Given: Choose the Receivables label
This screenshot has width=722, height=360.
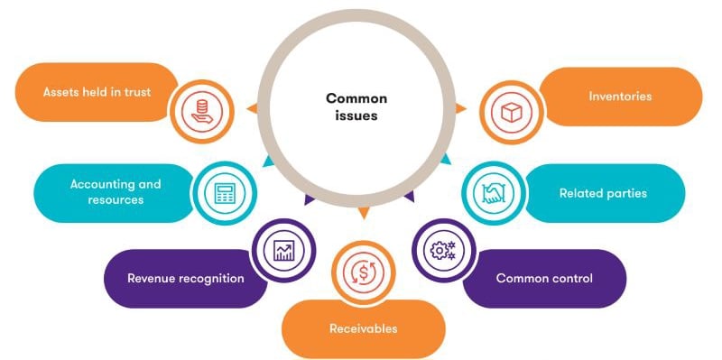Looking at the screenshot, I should (x=363, y=328).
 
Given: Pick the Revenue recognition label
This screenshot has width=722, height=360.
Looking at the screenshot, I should (x=186, y=278).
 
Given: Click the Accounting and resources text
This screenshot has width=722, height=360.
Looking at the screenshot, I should (x=116, y=191).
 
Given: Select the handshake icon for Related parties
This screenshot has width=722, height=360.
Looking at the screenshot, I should (x=493, y=191).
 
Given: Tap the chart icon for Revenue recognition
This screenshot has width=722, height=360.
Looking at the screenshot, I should (x=284, y=249).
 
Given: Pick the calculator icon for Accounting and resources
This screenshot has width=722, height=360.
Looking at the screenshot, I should (x=225, y=192).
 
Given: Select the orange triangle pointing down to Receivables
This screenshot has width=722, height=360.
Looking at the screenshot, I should (x=363, y=213).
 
